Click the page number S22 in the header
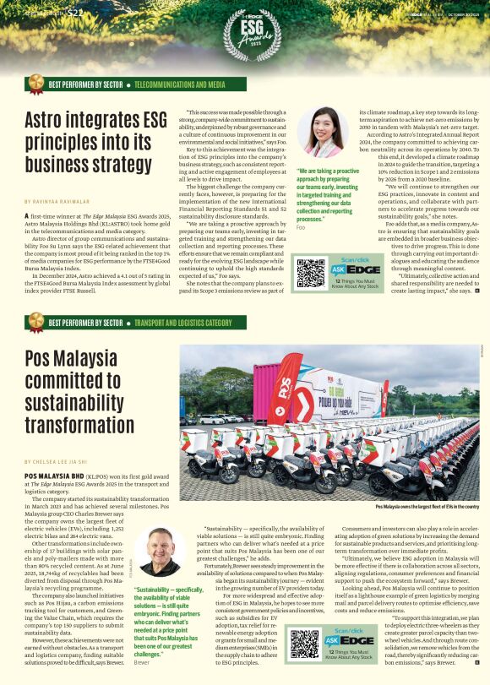(75, 13)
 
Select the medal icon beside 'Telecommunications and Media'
(36, 83)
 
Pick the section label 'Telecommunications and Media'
(179, 86)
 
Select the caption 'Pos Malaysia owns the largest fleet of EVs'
(427, 506)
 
